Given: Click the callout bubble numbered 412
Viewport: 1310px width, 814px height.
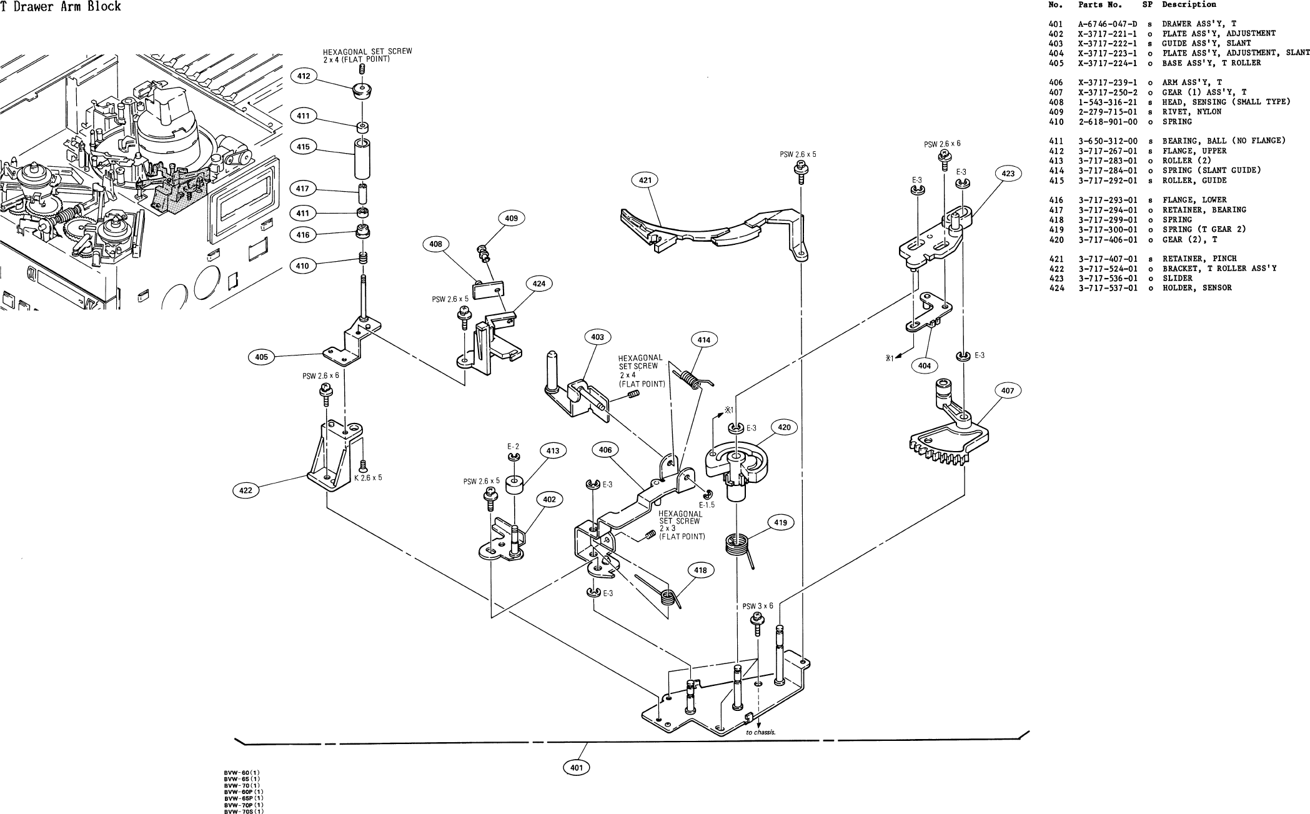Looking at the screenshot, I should pyautogui.click(x=303, y=76).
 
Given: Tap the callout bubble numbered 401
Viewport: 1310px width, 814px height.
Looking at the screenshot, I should pyautogui.click(x=576, y=767).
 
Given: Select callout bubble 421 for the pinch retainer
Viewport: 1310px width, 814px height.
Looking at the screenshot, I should pyautogui.click(x=645, y=181).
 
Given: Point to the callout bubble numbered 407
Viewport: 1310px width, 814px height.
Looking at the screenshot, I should pyautogui.click(x=1007, y=391).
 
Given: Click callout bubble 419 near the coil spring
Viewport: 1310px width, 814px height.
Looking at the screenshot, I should pyautogui.click(x=780, y=523).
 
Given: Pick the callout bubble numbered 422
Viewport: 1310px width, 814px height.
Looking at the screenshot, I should pyautogui.click(x=246, y=490).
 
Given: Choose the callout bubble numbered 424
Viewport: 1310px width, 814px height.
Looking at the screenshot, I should pyautogui.click(x=538, y=284).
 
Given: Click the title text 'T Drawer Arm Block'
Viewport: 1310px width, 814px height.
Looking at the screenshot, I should pyautogui.click(x=61, y=7).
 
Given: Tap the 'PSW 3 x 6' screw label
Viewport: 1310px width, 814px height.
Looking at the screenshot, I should pyautogui.click(x=757, y=606).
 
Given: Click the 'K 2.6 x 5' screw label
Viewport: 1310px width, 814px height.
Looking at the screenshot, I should pyautogui.click(x=369, y=477).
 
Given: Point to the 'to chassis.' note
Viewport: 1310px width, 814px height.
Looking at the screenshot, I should pyautogui.click(x=760, y=733).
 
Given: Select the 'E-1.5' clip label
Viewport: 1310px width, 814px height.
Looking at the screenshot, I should pyautogui.click(x=707, y=505).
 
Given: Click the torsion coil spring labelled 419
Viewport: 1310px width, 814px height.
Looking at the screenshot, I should pyautogui.click(x=737, y=543).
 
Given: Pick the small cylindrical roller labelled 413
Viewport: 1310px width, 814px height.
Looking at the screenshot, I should pyautogui.click(x=515, y=485).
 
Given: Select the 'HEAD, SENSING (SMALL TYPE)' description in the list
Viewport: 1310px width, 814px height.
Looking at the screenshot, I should pyautogui.click(x=1226, y=102).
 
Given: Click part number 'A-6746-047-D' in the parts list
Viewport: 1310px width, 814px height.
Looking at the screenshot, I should pyautogui.click(x=1108, y=24).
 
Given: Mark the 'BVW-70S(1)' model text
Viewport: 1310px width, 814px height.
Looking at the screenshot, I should pyautogui.click(x=244, y=812).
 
